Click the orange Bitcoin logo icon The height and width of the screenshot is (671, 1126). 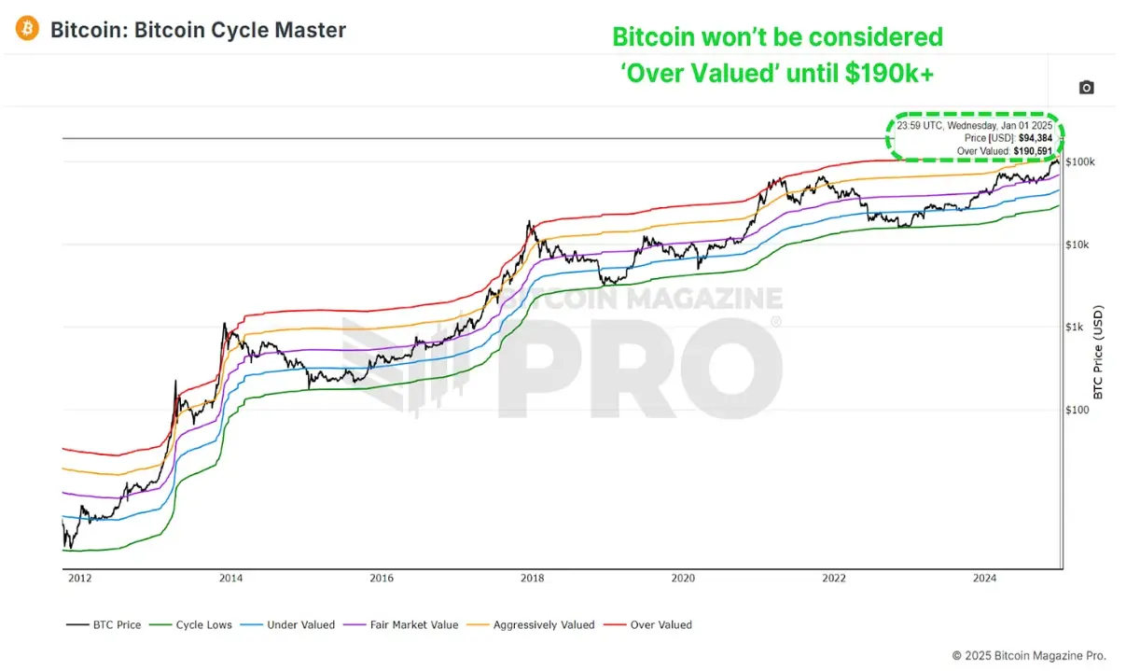click(28, 30)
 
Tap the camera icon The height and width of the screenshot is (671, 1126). click(1086, 88)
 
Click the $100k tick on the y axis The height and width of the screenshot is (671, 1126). click(1080, 162)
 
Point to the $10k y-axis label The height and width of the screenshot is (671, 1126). click(1078, 245)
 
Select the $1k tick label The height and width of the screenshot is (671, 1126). click(1076, 327)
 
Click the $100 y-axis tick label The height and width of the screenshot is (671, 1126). click(1078, 410)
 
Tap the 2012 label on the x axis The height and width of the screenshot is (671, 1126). click(79, 579)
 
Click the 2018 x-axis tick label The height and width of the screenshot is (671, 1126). click(532, 579)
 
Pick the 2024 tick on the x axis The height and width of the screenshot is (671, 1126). click(984, 579)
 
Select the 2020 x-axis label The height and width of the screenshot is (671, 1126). click(683, 579)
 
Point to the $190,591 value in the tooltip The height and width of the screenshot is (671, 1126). click(1032, 150)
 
